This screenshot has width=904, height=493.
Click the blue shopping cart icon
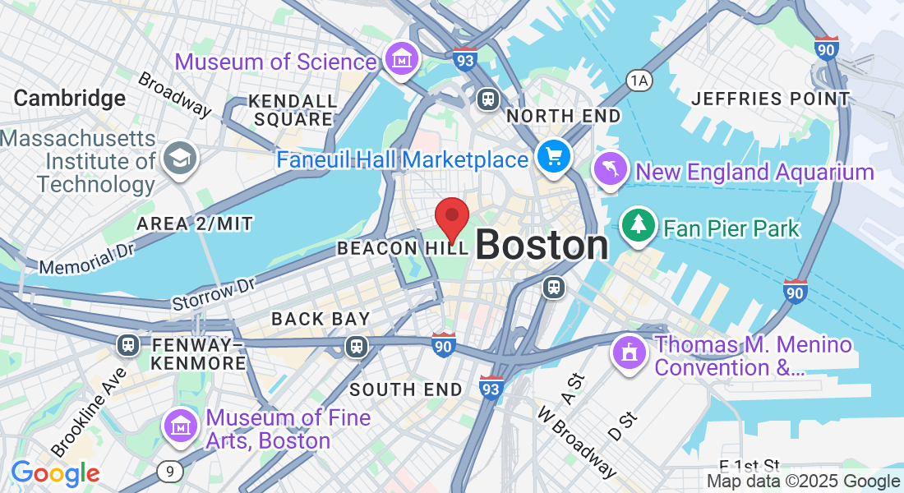pyautogui.click(x=553, y=156)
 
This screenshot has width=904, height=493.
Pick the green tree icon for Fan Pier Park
pyautogui.click(x=639, y=225)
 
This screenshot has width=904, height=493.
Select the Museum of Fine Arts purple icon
pyautogui.click(x=180, y=425)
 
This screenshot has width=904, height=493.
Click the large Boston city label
pyautogui.click(x=542, y=245)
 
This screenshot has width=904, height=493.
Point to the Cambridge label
pyautogui.click(x=70, y=99)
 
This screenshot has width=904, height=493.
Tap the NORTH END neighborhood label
pyautogui.click(x=564, y=117)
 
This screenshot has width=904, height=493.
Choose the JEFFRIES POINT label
pyautogui.click(x=771, y=99)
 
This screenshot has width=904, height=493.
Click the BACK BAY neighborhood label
pyautogui.click(x=321, y=318)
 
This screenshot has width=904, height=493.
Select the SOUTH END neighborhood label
pyautogui.click(x=407, y=389)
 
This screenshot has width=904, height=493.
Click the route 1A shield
pyautogui.click(x=638, y=80)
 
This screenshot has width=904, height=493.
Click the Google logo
pyautogui.click(x=55, y=473)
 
